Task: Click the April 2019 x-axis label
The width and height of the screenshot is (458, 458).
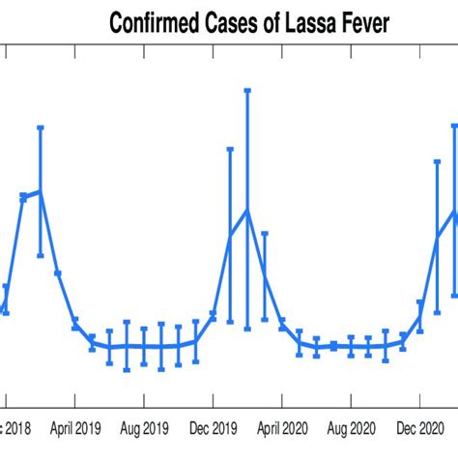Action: point(75,425)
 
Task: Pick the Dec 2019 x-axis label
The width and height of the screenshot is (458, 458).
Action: point(213,425)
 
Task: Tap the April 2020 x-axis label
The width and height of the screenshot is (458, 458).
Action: point(282,425)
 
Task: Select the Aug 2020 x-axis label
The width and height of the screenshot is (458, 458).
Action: point(351,425)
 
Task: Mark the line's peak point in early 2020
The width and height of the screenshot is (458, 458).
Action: point(247,210)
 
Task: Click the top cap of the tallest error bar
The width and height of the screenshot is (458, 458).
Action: point(247,90)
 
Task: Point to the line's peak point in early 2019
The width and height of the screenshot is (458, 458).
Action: point(41,191)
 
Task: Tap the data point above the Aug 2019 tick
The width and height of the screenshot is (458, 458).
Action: point(144,346)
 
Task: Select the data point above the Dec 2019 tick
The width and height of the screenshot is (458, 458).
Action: point(213,315)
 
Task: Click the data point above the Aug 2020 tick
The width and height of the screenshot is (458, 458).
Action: point(351,347)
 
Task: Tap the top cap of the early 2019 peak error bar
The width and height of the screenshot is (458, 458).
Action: point(41,127)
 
